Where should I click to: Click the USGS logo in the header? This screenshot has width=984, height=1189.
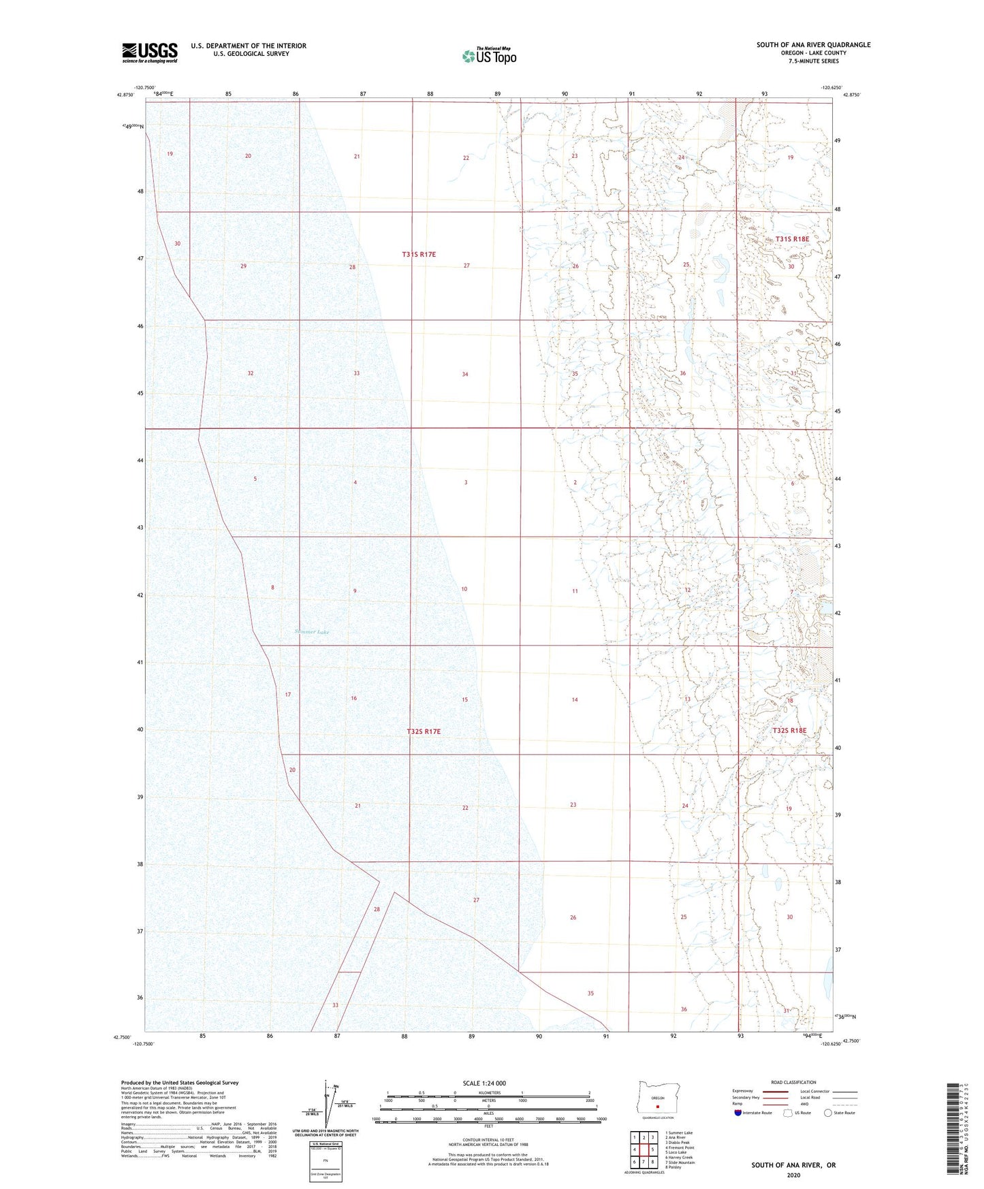pyautogui.click(x=150, y=52)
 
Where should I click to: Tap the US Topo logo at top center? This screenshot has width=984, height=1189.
pyautogui.click(x=489, y=56)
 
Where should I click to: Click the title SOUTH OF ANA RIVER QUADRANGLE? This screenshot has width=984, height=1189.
pyautogui.click(x=813, y=45)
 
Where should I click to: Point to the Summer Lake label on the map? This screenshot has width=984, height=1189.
pyautogui.click(x=312, y=632)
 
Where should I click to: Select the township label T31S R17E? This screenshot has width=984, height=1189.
pyautogui.click(x=418, y=254)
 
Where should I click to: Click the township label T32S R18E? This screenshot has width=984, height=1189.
pyautogui.click(x=789, y=731)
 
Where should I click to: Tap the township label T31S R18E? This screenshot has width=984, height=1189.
pyautogui.click(x=792, y=239)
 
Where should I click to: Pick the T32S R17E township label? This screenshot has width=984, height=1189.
pyautogui.click(x=424, y=731)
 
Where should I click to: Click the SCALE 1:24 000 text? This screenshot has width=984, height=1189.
pyautogui.click(x=484, y=1083)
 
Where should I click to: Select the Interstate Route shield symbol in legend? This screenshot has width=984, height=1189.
pyautogui.click(x=738, y=1113)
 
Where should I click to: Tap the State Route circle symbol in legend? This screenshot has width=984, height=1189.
pyautogui.click(x=827, y=1113)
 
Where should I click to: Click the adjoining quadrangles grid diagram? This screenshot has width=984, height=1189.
pyautogui.click(x=643, y=1150)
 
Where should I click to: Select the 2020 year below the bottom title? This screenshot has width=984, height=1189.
pyautogui.click(x=793, y=1175)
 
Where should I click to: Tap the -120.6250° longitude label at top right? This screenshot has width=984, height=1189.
pyautogui.click(x=832, y=88)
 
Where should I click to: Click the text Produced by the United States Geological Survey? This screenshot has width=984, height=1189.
pyautogui.click(x=180, y=1082)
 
